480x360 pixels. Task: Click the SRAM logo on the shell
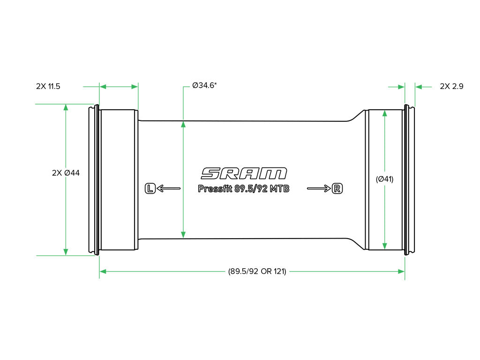(244, 173)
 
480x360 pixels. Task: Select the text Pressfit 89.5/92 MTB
(243, 188)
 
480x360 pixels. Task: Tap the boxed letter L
(150, 188)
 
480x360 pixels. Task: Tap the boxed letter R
(337, 188)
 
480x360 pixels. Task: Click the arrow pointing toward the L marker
(169, 188)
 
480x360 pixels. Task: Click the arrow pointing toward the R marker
(319, 188)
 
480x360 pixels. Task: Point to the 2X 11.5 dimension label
(48, 86)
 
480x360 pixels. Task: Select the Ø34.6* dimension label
(204, 85)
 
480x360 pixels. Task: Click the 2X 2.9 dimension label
(451, 86)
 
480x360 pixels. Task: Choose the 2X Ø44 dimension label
(66, 173)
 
